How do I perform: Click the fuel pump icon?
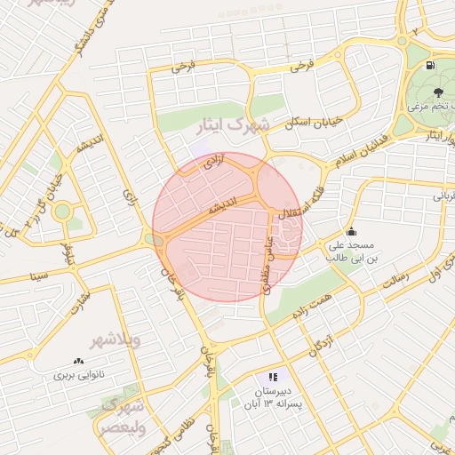pyautogui.click(x=431, y=66)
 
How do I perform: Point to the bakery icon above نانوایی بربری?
pyautogui.click(x=78, y=361)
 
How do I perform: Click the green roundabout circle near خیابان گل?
pyautogui.click(x=62, y=212)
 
